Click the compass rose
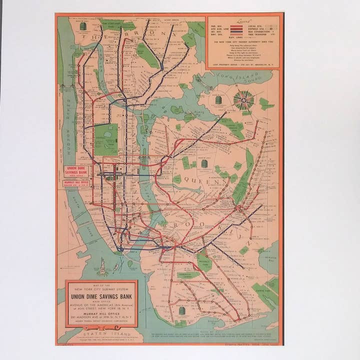pyautogui.click(x=243, y=99)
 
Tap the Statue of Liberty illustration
pyautogui.click(x=102, y=267)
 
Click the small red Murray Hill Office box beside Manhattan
pyautogui.click(x=75, y=183)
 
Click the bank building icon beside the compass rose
pyautogui.click(x=218, y=100)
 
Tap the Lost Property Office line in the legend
pyautogui.click(x=243, y=64)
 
